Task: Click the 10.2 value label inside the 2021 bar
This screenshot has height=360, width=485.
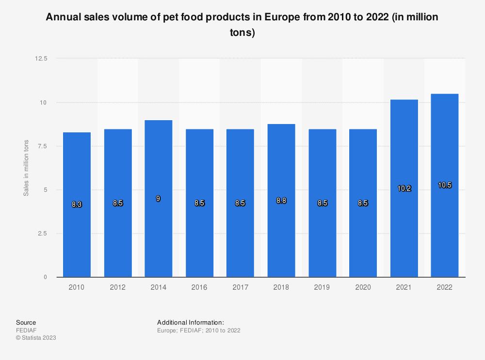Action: (x=404, y=188)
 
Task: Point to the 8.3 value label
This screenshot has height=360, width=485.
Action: (x=77, y=204)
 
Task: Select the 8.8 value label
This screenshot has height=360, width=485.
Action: (x=281, y=200)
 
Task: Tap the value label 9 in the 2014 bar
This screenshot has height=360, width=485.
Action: (x=159, y=199)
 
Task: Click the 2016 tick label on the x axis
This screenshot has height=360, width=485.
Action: (x=199, y=287)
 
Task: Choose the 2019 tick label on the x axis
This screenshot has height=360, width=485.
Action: (x=322, y=287)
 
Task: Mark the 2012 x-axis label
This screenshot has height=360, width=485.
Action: (x=118, y=287)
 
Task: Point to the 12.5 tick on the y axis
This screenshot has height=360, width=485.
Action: (x=41, y=59)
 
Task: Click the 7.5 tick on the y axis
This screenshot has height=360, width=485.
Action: (x=43, y=146)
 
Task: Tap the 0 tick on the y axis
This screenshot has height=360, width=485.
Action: (x=45, y=277)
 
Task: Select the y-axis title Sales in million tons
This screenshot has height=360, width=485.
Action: (x=26, y=168)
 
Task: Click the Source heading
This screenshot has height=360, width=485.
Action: (x=26, y=322)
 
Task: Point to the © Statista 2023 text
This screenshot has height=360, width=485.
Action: (x=36, y=338)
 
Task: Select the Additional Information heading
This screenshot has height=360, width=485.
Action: (x=190, y=322)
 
